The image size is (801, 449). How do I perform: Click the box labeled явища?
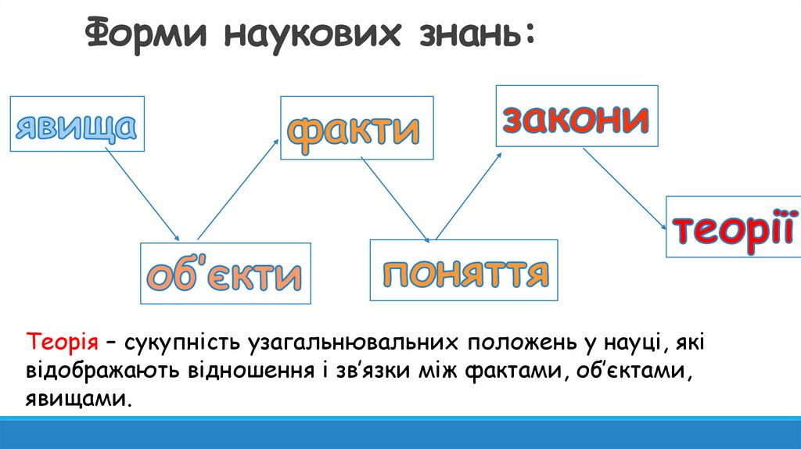coord(77,124)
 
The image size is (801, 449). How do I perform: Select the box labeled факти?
coord(357,128)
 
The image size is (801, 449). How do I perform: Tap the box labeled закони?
coord(575,116)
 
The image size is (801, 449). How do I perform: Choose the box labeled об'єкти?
coord(225,274)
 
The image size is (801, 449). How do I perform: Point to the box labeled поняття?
coord(465,271)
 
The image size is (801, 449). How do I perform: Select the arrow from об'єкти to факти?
coord(239,189)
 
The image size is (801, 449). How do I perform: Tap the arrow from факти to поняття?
coord(395,199)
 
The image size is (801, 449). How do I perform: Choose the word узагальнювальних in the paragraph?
coord(354,343)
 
